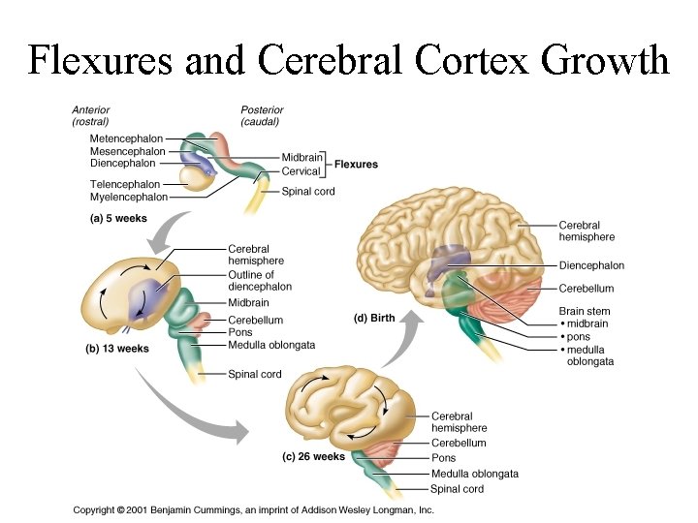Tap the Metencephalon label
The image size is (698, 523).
(126, 139)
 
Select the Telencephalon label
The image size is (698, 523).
(125, 184)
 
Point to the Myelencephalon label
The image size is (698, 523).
(128, 197)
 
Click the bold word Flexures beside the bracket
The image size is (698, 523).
(356, 165)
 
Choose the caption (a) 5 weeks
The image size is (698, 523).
(117, 219)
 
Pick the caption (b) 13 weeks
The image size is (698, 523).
(117, 348)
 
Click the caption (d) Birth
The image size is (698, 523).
(373, 318)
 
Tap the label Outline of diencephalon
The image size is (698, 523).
(259, 281)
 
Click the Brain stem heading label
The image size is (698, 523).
(585, 311)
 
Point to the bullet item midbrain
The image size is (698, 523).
(588, 323)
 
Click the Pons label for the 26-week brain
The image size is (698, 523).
(443, 458)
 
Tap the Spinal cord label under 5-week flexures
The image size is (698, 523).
(308, 192)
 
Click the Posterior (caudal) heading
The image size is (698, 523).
(263, 115)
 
